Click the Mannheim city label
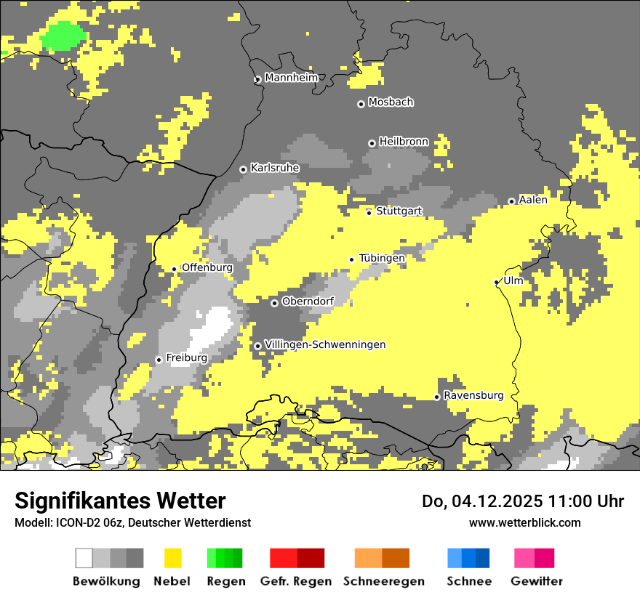pyautogui.click(x=292, y=78)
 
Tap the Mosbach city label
pyautogui.click(x=391, y=102)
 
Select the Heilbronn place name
pyautogui.click(x=404, y=142)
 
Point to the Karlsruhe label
pyautogui.click(x=275, y=168)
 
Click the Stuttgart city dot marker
pyautogui.click(x=369, y=212)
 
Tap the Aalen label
pyautogui.click(x=533, y=200)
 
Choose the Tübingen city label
pyautogui.click(x=382, y=258)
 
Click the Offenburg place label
pyautogui.click(x=207, y=267)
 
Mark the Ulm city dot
pyautogui.click(x=497, y=282)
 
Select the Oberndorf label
pyautogui.click(x=308, y=301)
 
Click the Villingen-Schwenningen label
pyautogui.click(x=325, y=344)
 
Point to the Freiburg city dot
pyautogui.click(x=159, y=360)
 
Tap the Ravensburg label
pyautogui.click(x=473, y=395)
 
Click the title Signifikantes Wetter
pyautogui.click(x=120, y=501)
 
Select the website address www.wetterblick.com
pyautogui.click(x=524, y=522)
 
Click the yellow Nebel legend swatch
pyautogui.click(x=173, y=558)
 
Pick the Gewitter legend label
pyautogui.click(x=537, y=581)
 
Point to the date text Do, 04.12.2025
pyautogui.click(x=484, y=501)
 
